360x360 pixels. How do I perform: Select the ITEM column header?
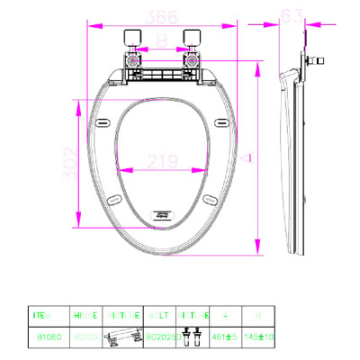coord(42,317)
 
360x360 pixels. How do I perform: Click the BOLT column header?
coord(155,317)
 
